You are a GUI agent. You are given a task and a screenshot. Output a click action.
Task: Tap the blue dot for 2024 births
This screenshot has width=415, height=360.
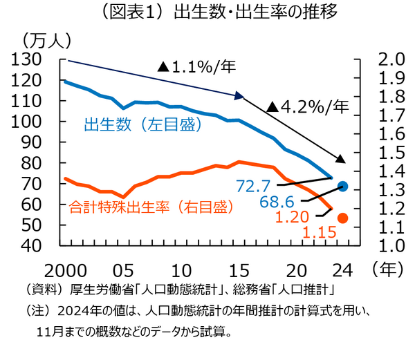coord(342,187)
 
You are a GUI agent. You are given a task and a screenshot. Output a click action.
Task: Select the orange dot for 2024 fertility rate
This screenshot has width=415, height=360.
coord(342,218)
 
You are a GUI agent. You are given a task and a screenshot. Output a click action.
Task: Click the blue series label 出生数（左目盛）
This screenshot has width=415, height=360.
coord(142,125)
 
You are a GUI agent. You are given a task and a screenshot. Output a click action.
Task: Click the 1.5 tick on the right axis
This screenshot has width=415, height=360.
coord(390,153)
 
